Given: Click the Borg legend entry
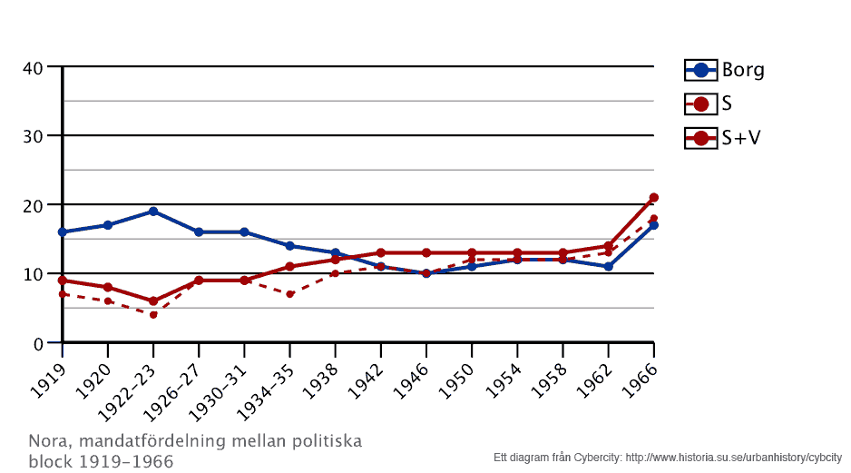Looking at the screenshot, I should [725, 70].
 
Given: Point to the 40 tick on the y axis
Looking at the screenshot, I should [33, 67].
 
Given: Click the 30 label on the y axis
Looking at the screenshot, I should [33, 136].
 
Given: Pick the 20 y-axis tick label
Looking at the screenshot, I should [33, 205].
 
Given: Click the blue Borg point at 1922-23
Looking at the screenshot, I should [153, 212].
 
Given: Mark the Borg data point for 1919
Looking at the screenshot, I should [63, 232].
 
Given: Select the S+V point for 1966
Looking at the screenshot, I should [653, 198].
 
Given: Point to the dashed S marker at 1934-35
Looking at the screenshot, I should [289, 294].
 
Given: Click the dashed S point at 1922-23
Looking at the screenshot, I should [153, 315].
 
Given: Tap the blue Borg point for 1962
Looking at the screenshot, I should [608, 267].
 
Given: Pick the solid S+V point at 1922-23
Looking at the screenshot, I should [153, 301].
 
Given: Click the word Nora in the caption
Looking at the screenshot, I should [48, 441].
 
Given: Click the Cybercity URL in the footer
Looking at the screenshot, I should [734, 457].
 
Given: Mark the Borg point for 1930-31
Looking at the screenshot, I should [244, 232].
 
